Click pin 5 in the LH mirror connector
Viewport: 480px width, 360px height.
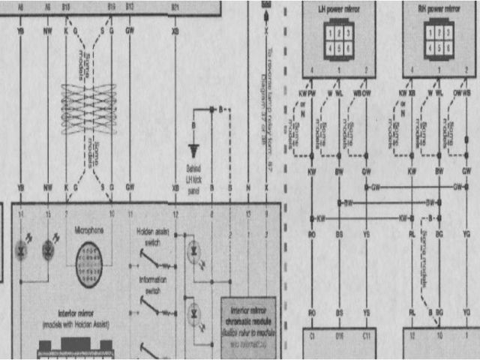(x=338, y=46)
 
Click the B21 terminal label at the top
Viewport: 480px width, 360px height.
(x=175, y=6)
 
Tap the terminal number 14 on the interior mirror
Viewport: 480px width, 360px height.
(x=20, y=215)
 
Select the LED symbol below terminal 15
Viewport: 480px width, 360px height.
(x=49, y=247)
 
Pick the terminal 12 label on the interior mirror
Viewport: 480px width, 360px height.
(x=175, y=215)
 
